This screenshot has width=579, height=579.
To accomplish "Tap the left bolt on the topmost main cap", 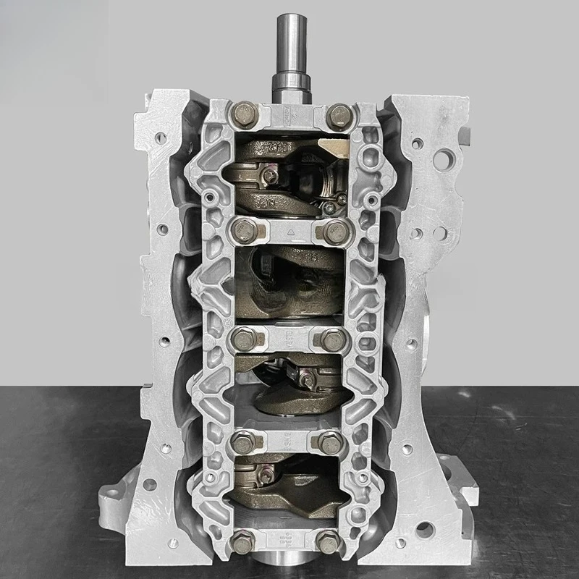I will click(x=242, y=114).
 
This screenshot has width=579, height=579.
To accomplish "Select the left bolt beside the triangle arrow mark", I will click(x=243, y=232).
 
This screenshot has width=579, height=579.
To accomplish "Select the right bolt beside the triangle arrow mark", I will click(x=333, y=232).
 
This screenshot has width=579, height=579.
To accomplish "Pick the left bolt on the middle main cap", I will click(x=245, y=338).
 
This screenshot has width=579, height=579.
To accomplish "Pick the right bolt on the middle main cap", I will click(x=331, y=339).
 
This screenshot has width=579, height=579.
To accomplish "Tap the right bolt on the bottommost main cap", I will click(x=329, y=539).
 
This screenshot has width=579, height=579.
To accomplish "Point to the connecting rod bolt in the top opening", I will click(x=269, y=174).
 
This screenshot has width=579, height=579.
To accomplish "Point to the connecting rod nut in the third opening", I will click(x=308, y=381).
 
